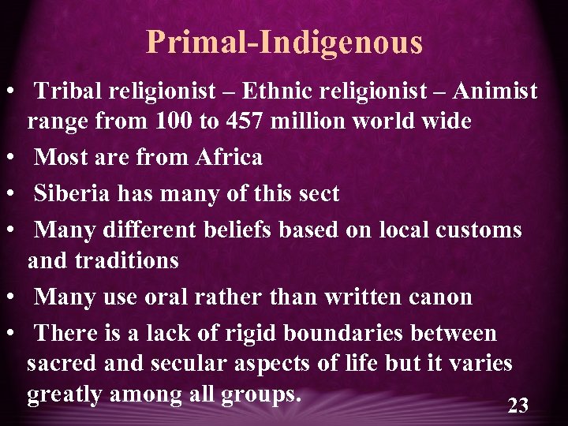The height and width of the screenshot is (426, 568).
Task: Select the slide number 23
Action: [x=518, y=405]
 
